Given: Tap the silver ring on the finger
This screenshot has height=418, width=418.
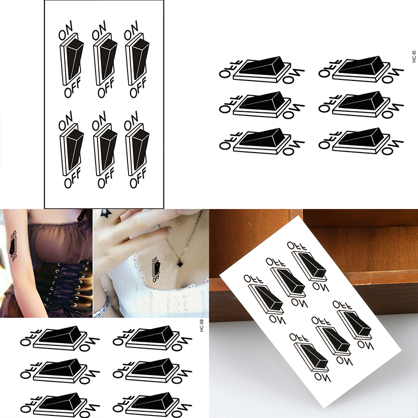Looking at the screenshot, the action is pyautogui.click(x=130, y=238).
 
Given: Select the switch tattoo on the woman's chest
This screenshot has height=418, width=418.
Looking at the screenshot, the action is pyautogui.click(x=156, y=270).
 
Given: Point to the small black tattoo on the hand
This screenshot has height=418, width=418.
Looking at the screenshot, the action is pyautogui.click(x=106, y=213).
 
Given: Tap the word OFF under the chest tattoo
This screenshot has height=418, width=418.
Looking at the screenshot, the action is pyautogui.click(x=156, y=279).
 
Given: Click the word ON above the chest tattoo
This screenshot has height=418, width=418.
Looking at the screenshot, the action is pyautogui.click(x=155, y=260).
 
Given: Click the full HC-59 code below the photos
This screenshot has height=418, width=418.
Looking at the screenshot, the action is pyautogui.click(x=202, y=325).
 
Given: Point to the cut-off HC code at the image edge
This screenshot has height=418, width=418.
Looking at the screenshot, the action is pyautogui.click(x=414, y=56).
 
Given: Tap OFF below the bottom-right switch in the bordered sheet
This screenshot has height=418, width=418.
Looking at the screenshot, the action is pyautogui.click(x=138, y=179).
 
